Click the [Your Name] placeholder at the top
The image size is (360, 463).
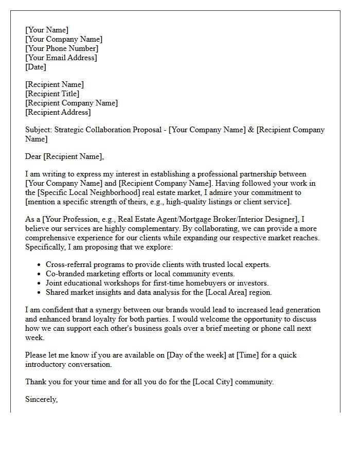point(47,30)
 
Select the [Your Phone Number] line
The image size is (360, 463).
point(62,48)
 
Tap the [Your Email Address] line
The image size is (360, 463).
point(61,58)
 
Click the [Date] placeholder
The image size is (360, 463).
point(35,67)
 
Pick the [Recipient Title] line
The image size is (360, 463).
point(52,94)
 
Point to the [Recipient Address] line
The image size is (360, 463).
point(58,112)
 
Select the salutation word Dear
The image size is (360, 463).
point(33,156)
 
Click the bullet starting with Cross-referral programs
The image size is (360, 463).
point(158,264)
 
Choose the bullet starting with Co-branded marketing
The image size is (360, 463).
point(140,274)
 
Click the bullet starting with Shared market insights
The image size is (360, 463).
point(158,292)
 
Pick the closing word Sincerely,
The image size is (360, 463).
point(42,399)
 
